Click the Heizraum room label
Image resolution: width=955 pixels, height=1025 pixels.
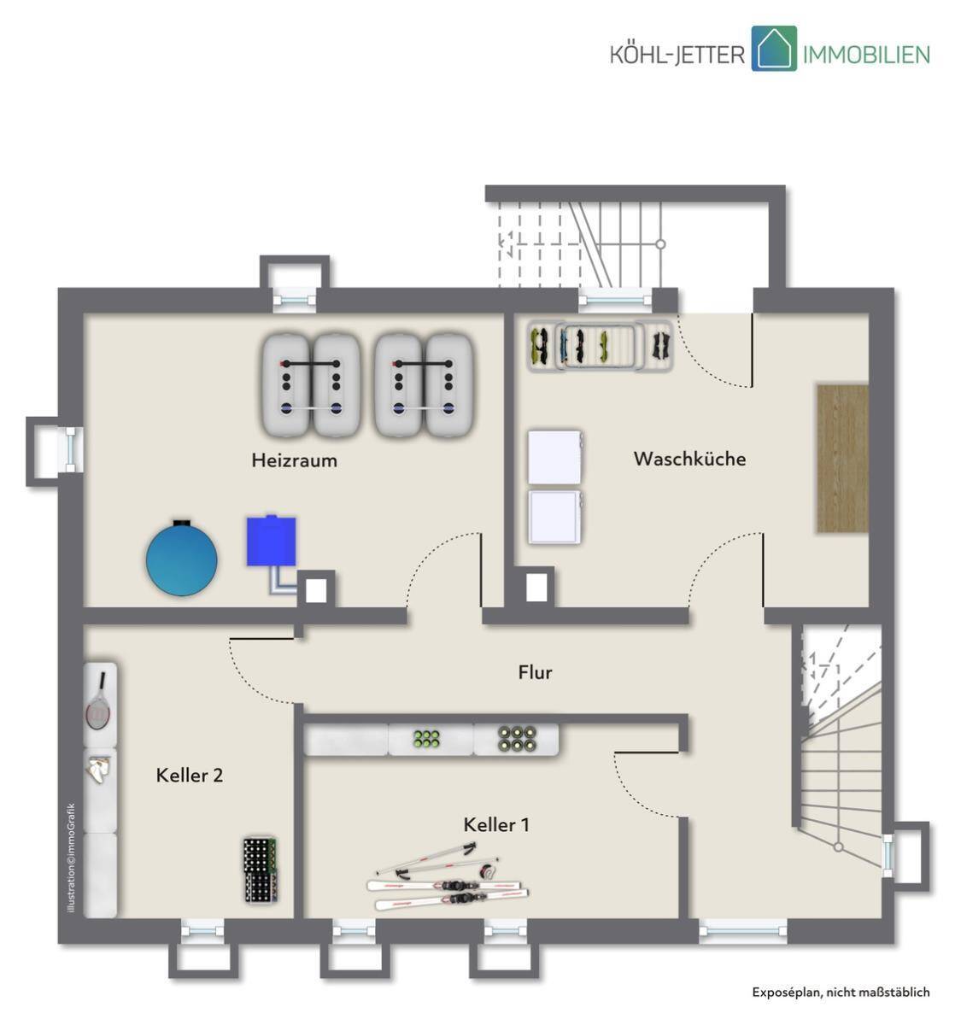(x=294, y=460)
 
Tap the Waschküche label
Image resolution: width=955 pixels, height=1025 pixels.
(x=689, y=459)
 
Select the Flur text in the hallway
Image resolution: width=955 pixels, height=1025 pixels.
(x=535, y=672)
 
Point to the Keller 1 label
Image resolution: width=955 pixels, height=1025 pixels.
(x=496, y=825)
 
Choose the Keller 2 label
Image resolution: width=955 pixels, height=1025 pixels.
(x=190, y=776)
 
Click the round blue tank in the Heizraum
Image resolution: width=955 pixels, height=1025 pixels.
(x=181, y=558)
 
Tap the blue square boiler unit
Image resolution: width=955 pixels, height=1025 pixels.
(x=271, y=541)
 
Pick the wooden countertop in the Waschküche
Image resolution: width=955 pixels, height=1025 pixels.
(x=842, y=458)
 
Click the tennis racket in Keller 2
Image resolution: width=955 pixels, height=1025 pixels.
(x=98, y=701)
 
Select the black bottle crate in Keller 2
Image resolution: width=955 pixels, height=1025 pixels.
(x=261, y=870)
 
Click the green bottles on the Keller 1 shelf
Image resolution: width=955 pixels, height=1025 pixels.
(x=427, y=739)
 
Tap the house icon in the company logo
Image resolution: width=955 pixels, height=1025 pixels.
(x=774, y=48)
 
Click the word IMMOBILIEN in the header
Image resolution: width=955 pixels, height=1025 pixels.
(x=866, y=54)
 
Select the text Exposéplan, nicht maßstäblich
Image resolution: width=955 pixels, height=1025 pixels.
(x=841, y=992)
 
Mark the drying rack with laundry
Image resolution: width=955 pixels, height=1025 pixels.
(x=601, y=346)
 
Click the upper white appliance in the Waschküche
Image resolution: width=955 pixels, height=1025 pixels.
(x=555, y=457)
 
